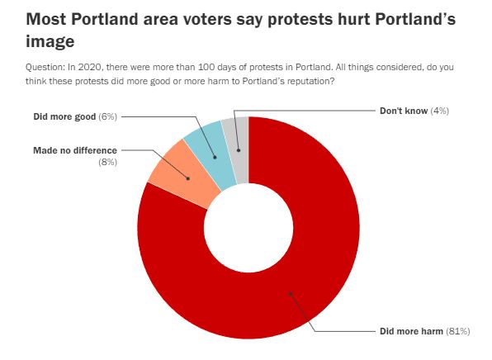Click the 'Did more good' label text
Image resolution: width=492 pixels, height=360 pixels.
coord(64,116)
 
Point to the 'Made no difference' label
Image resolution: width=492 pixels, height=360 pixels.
coord(75,150)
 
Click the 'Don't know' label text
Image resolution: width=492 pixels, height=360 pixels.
coord(404,111)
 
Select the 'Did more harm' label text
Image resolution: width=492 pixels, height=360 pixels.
coord(411,331)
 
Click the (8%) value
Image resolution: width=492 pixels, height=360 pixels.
coord(107,162)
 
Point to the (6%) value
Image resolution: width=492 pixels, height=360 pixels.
coord(107,116)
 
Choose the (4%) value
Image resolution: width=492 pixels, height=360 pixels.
coord(440,111)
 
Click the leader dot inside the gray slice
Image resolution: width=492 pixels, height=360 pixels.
coord(239,150)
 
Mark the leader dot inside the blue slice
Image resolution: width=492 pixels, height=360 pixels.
coord(215,157)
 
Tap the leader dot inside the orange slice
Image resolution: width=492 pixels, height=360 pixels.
coord(188,178)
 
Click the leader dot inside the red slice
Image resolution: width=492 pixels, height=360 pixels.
coord(291,294)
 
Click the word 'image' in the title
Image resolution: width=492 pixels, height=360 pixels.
coord(50,41)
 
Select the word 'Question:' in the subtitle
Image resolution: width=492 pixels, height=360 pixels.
coord(45,67)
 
